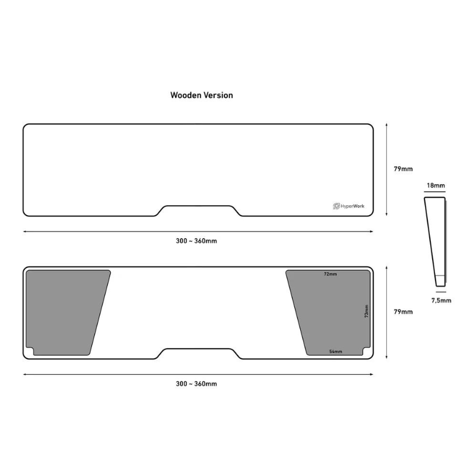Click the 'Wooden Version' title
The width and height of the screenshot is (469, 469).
point(202,95)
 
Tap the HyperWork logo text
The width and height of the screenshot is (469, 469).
point(352,206)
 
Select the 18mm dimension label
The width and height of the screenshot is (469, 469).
point(436,185)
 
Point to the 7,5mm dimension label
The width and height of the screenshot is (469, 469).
point(441,300)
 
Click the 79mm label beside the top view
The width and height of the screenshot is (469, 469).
point(403,169)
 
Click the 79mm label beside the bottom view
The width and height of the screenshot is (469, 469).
point(403,312)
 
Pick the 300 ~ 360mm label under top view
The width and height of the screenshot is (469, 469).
point(196,241)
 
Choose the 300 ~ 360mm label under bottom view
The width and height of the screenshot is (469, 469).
point(196,384)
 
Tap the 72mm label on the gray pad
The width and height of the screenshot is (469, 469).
point(330,274)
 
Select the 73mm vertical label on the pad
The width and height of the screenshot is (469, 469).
point(367,311)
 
